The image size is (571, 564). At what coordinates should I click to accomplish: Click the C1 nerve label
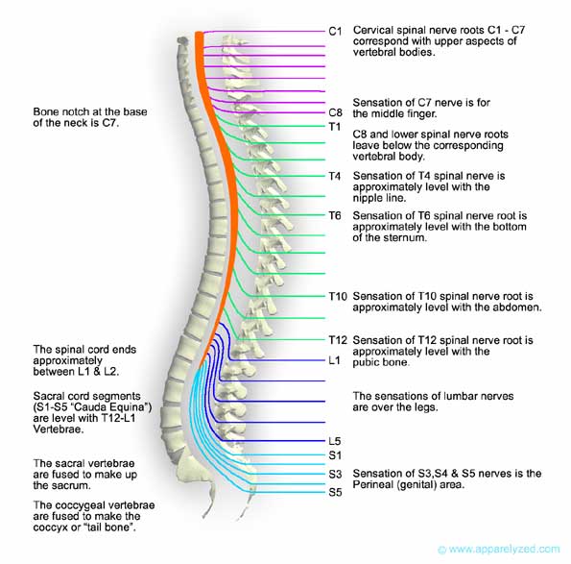click(x=335, y=31)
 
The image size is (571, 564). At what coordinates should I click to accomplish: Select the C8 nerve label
click(x=335, y=112)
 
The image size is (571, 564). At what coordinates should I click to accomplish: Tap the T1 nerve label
click(x=334, y=127)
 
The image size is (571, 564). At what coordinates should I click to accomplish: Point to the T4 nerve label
click(x=334, y=177)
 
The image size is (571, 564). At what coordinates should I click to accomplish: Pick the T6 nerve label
click(x=334, y=215)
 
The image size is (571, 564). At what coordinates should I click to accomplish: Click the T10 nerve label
click(x=337, y=297)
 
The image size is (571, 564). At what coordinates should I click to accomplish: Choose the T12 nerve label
click(x=337, y=341)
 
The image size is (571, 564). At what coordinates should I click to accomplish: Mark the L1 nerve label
click(x=333, y=361)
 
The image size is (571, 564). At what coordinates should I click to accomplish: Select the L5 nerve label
click(x=333, y=441)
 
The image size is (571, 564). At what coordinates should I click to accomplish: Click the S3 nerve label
click(x=334, y=475)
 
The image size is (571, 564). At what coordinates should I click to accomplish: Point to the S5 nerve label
click(x=334, y=493)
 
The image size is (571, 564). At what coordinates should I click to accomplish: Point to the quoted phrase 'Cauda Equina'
click(x=112, y=407)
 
